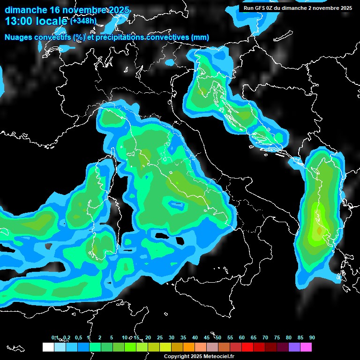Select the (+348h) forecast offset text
click(x=83, y=21)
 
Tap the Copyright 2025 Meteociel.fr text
click(x=199, y=356)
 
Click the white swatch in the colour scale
click(x=48, y=347)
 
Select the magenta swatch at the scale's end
click(x=306, y=347)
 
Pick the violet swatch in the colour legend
click(x=294, y=347)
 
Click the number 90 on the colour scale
click(x=312, y=337)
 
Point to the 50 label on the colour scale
click(x=218, y=337)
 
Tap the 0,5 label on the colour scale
click(x=78, y=337)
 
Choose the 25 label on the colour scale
click(x=160, y=337)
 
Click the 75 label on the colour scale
click(x=277, y=337)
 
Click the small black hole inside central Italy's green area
click(x=177, y=204)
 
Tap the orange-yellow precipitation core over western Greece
click(x=319, y=230)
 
